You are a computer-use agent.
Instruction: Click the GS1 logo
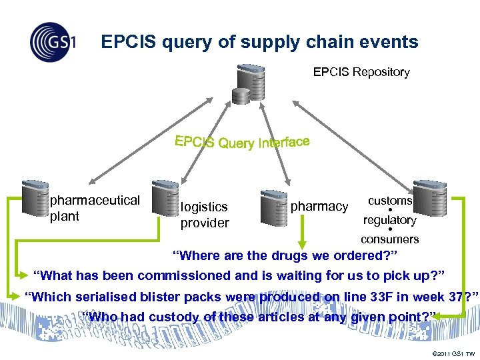coord(52,42)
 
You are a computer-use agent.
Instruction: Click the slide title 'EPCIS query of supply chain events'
coord(259,42)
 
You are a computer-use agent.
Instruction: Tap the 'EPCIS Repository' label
coord(361,72)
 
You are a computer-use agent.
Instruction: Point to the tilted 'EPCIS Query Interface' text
coord(242,142)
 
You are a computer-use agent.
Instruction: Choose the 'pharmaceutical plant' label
coord(95,207)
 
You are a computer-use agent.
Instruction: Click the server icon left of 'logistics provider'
coord(164,198)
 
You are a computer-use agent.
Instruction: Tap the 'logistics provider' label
coord(205,215)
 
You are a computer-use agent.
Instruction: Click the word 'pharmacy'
coord(319,207)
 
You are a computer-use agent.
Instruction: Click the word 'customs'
coord(390,200)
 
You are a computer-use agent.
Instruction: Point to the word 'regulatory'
coord(390,219)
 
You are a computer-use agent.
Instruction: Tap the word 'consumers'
coord(390,239)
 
